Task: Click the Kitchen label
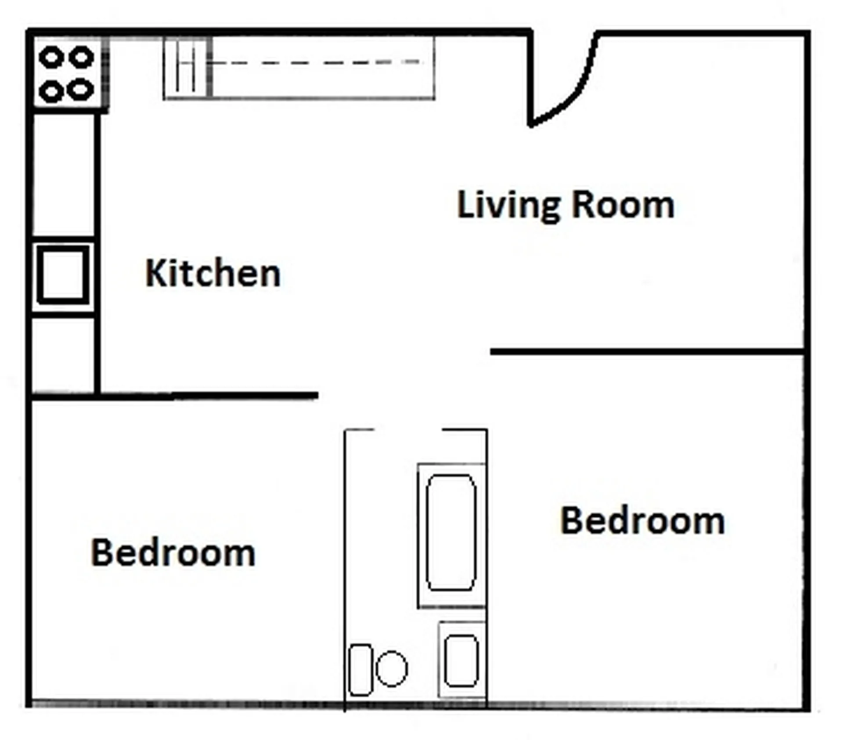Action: pos(213,273)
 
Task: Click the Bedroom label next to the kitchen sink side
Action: pos(173,552)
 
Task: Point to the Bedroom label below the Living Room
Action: pos(642,520)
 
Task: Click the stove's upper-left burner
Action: pos(51,58)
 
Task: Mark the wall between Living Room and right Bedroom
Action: pos(647,352)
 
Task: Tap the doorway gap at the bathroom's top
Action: pos(408,430)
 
